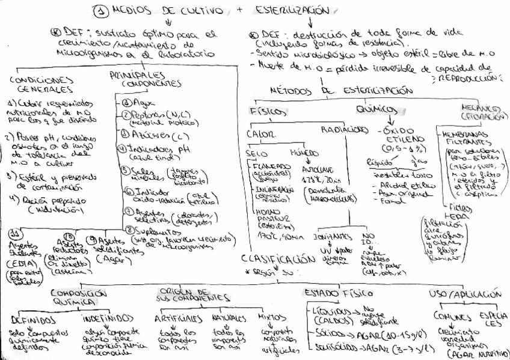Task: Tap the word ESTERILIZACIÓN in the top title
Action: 292,10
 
